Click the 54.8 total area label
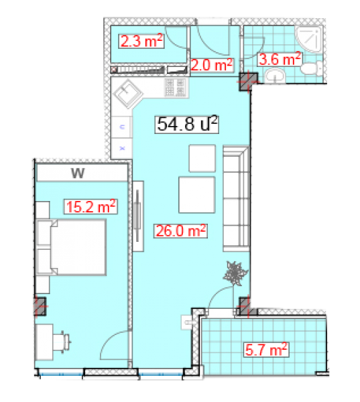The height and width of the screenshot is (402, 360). click(x=186, y=125)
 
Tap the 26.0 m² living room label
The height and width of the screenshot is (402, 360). click(x=180, y=230)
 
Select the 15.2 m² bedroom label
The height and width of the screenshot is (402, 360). click(x=91, y=206)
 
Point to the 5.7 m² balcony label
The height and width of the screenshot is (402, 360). click(x=266, y=350)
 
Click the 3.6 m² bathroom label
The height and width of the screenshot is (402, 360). click(x=280, y=59)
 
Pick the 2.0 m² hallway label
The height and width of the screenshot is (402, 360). click(x=211, y=64)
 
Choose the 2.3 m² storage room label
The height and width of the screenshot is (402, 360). click(x=141, y=41)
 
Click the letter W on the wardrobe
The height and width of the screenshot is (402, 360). click(x=78, y=174)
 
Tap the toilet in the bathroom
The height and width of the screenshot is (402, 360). click(x=312, y=68)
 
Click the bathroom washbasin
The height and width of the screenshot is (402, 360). click(x=275, y=76)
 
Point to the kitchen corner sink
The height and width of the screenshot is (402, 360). click(x=128, y=94)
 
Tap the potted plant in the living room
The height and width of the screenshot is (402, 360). click(x=235, y=273)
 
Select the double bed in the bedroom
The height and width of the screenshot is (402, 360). click(x=71, y=247)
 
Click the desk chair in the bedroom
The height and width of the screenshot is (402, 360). click(x=62, y=342)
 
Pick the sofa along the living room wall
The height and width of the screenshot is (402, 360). click(x=236, y=199)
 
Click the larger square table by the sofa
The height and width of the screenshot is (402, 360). click(x=196, y=195)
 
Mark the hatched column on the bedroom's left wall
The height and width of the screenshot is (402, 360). click(x=40, y=306)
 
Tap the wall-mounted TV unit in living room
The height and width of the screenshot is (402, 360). click(x=138, y=216)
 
